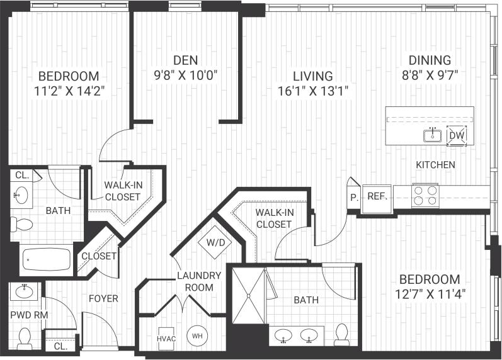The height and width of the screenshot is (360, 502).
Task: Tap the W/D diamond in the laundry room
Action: pyautogui.click(x=211, y=240)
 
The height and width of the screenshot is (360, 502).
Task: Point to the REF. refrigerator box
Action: pyautogui.click(x=377, y=196)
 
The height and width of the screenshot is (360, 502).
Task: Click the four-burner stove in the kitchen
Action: pyautogui.click(x=425, y=195)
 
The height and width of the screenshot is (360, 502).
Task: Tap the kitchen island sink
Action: pyautogui.click(x=433, y=135)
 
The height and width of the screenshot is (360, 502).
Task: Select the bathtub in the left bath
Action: pyautogui.click(x=47, y=259)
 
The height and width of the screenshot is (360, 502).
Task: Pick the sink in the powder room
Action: pyautogui.click(x=25, y=291)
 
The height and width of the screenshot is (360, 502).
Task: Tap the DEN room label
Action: pyautogui.click(x=186, y=60)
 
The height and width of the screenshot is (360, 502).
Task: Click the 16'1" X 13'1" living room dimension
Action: pyautogui.click(x=313, y=91)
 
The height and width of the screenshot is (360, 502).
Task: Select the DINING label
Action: pyautogui.click(x=430, y=60)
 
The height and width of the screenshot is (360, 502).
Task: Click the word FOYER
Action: pyautogui.click(x=103, y=298)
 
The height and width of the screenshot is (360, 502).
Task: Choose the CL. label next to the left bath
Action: pyautogui.click(x=21, y=176)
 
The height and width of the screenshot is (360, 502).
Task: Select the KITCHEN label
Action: pyautogui.click(x=435, y=165)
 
